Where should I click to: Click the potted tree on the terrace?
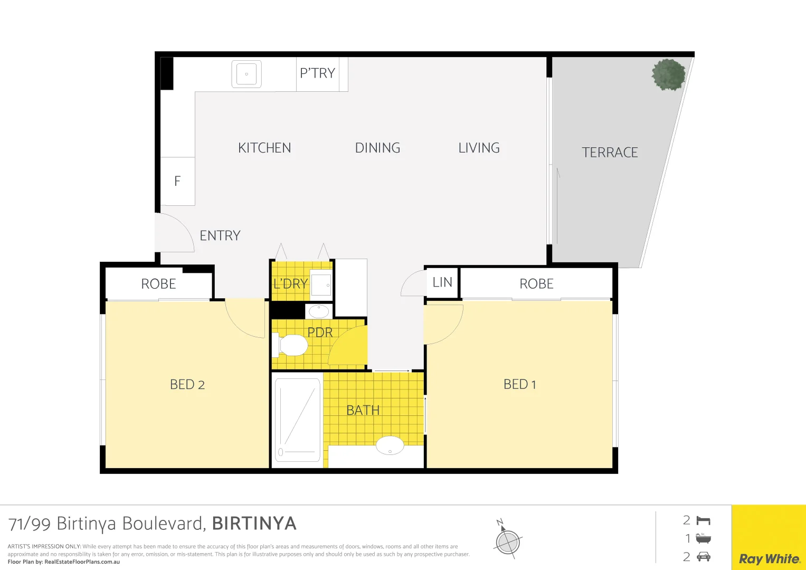coord(668,74)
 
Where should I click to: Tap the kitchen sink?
coord(246,74)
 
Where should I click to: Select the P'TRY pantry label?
coord(317,73)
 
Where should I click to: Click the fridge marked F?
coord(177,181)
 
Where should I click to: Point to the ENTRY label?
coord(220,235)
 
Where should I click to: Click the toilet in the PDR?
coord(292,345)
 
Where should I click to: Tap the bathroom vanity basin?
coord(390,445)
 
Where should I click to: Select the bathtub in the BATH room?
coord(298,420)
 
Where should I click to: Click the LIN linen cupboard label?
coord(442,282)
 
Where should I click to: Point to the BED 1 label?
coord(519,384)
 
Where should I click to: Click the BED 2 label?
coord(187,385)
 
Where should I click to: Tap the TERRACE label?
coord(610,153)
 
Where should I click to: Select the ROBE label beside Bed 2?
coord(158,284)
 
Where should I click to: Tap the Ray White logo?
coord(769,558)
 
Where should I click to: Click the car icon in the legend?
coord(703,556)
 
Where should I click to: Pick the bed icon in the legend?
coord(703,521)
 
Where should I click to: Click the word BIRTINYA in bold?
coord(254,524)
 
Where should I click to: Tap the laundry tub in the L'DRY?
coord(320,285)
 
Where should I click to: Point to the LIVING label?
coord(479,148)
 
